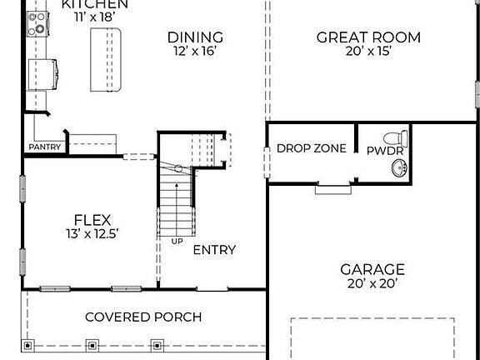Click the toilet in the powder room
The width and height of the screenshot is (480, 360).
click(x=396, y=138)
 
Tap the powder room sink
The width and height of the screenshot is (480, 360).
click(x=400, y=168)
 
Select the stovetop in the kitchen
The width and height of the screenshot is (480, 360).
click(x=37, y=24)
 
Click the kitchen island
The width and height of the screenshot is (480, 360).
click(x=106, y=60)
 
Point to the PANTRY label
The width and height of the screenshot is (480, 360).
click(x=45, y=147)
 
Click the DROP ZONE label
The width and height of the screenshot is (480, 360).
click(x=312, y=148)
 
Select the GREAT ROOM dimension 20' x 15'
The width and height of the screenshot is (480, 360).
click(x=368, y=51)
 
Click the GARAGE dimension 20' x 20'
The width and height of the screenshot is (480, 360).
click(x=372, y=283)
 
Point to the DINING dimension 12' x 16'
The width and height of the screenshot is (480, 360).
click(x=195, y=51)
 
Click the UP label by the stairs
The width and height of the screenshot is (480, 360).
click(x=177, y=242)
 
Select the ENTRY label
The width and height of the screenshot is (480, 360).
click(x=215, y=250)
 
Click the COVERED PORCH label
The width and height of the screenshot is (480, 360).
click(x=143, y=317)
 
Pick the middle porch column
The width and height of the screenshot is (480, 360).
click(x=92, y=346)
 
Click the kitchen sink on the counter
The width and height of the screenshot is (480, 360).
click(x=42, y=75)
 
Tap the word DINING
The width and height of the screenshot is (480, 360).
click(x=195, y=37)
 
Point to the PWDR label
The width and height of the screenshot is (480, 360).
click(x=385, y=151)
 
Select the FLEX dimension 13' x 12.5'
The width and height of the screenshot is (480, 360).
click(x=92, y=234)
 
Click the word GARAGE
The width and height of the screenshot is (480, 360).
click(x=372, y=270)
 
